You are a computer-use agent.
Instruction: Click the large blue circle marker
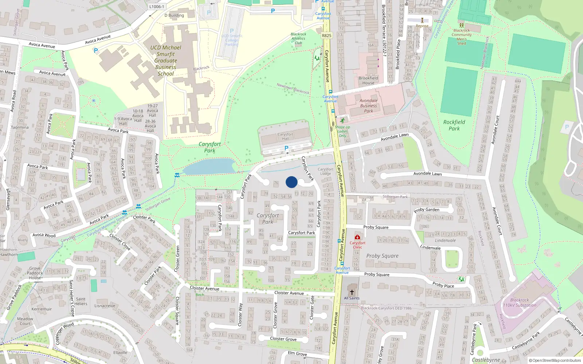click(291, 182)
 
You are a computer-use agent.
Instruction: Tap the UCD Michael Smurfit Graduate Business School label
click(166, 60)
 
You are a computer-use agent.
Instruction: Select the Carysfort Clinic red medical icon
click(357, 237)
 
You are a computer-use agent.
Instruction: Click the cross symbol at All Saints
click(352, 292)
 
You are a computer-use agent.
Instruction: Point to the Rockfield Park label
click(454, 125)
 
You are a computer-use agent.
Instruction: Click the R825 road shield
click(326, 36)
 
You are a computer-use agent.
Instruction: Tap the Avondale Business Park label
click(368, 106)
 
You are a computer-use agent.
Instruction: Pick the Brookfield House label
click(368, 80)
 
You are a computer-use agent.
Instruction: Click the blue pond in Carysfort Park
click(210, 167)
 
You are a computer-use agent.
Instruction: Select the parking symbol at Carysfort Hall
click(286, 148)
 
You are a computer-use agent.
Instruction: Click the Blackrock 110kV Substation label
click(520, 302)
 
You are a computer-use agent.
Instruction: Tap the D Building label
click(174, 15)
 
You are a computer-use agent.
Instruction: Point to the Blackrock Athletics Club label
click(298, 38)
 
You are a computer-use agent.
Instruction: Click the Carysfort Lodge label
click(325, 171)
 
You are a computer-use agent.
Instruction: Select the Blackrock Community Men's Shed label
click(462, 37)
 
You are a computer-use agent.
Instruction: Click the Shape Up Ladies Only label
click(343, 131)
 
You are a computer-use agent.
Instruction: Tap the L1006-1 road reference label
click(157, 7)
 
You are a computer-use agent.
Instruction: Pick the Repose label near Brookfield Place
click(422, 26)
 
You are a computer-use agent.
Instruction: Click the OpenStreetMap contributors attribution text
click(555, 361)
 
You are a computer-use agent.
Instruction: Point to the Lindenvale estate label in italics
click(445, 240)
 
